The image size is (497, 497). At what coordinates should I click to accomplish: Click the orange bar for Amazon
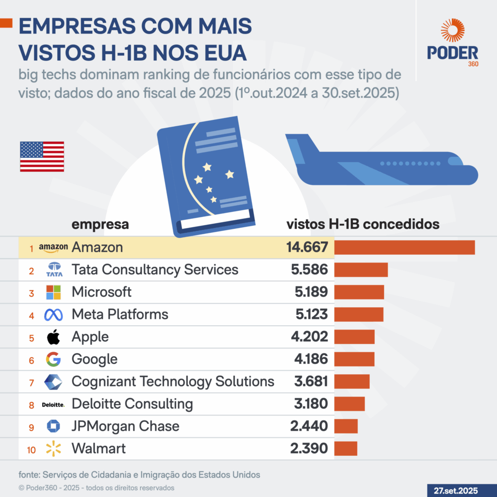[404, 248]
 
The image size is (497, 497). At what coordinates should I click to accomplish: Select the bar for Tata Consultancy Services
[361, 270]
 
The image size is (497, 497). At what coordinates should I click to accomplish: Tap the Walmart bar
[346, 448]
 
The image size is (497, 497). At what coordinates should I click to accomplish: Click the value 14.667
[307, 248]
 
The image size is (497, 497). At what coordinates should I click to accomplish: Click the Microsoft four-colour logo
[53, 292]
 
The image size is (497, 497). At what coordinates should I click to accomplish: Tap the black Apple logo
[53, 336]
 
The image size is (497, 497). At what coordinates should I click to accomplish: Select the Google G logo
[53, 359]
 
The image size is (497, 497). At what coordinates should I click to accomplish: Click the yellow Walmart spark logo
[53, 448]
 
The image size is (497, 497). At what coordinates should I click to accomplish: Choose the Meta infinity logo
[53, 315]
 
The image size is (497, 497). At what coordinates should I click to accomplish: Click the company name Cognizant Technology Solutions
[173, 381]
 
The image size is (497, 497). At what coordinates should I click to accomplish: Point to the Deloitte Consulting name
[132, 404]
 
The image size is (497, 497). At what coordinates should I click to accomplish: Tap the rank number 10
[32, 449]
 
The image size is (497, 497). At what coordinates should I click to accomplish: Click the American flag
[42, 156]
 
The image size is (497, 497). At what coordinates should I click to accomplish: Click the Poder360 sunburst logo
[452, 30]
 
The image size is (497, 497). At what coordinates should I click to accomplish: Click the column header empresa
[100, 225]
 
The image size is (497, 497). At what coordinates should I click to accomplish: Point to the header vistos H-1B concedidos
[364, 225]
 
